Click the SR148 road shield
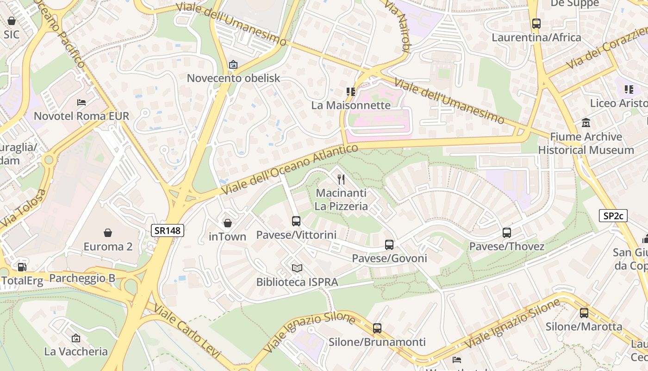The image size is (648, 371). pyautogui.click(x=168, y=230)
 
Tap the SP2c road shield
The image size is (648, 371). pyautogui.click(x=613, y=216)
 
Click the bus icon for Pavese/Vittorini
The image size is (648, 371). pyautogui.click(x=296, y=221)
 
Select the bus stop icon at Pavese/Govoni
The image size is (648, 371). pyautogui.click(x=389, y=244)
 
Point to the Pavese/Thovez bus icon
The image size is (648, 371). pyautogui.click(x=507, y=233)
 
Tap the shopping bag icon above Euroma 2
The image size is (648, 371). pyautogui.click(x=108, y=233)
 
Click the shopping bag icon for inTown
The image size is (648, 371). pyautogui.click(x=227, y=223)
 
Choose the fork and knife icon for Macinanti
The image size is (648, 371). pyautogui.click(x=341, y=179)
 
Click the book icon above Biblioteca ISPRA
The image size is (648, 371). pyautogui.click(x=297, y=269)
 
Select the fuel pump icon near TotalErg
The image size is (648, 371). pyautogui.click(x=22, y=267)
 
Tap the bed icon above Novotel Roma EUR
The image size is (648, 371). pyautogui.click(x=81, y=102)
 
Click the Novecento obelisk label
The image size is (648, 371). pyautogui.click(x=233, y=78)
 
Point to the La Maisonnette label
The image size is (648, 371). pyautogui.click(x=351, y=105)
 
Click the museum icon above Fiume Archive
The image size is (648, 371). pyautogui.click(x=586, y=123)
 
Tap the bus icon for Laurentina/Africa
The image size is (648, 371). pyautogui.click(x=536, y=24)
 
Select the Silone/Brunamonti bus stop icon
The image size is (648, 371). pyautogui.click(x=377, y=328)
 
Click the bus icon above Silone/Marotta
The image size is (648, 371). pyautogui.click(x=584, y=313)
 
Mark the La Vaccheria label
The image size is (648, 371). pyautogui.click(x=76, y=352)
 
